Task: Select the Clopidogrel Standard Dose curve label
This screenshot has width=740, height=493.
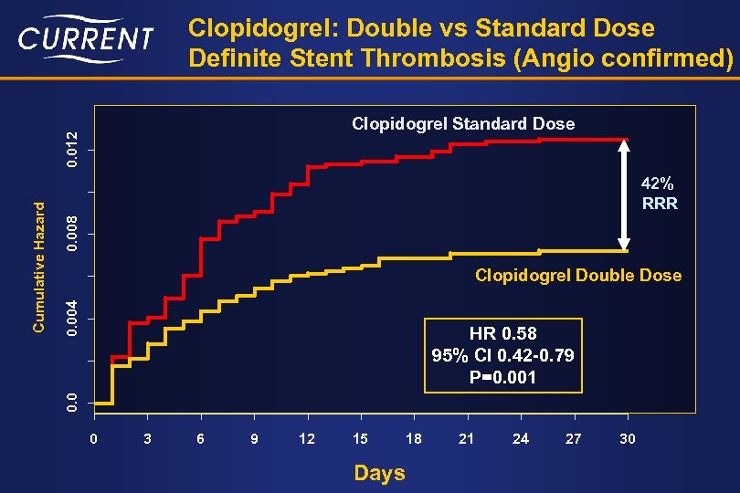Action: (463, 123)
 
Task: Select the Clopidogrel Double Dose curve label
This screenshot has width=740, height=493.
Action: (577, 275)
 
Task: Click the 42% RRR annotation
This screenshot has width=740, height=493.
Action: (660, 194)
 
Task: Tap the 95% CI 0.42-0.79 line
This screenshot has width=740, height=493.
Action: (502, 355)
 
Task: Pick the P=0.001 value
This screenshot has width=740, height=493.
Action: (502, 376)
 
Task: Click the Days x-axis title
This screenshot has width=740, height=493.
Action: (379, 473)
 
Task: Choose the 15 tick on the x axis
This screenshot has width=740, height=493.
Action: (361, 439)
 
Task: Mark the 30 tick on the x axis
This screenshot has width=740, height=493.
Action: (627, 439)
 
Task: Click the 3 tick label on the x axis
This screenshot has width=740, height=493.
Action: (148, 439)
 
